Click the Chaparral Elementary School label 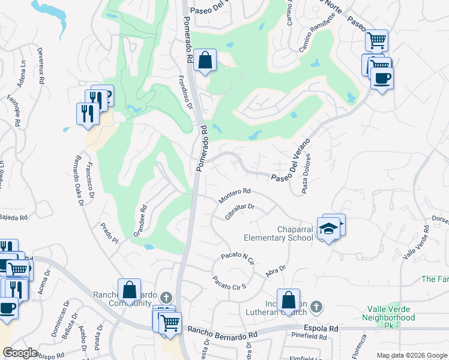[x=279, y=233]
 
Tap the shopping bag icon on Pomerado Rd [x=205, y=60]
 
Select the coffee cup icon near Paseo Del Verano [x=382, y=77]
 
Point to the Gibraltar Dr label [x=240, y=211]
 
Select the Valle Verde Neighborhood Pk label [x=391, y=317]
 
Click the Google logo [x=20, y=353]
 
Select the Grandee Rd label [x=140, y=221]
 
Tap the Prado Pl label [x=109, y=234]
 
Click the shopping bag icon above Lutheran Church [x=288, y=299]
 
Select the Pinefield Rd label [x=310, y=338]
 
